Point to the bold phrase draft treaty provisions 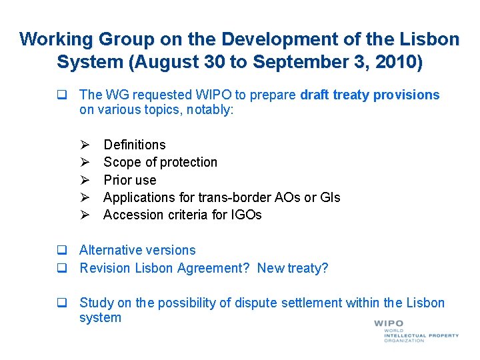coord(370,95)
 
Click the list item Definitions coord(135,145)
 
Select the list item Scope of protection coord(160,162)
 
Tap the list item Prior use coord(130,180)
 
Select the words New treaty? coord(293,268)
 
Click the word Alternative coord(109,251)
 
